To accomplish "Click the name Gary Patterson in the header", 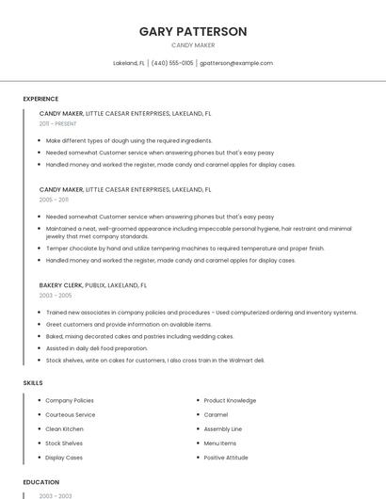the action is [x=193, y=31].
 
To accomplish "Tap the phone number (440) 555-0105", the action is [x=172, y=63].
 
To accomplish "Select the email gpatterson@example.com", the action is [x=236, y=63].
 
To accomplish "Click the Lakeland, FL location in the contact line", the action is [x=129, y=63].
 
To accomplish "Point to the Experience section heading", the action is [x=40, y=99].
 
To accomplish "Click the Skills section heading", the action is [x=33, y=383].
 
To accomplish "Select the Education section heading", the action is [x=40, y=482].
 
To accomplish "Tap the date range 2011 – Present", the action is [x=57, y=123].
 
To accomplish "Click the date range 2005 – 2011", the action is [x=54, y=200].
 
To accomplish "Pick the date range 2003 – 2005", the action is [x=54, y=296].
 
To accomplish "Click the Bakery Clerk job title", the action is [x=60, y=284].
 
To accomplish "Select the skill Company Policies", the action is [x=70, y=400].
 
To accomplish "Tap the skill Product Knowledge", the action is [x=230, y=400].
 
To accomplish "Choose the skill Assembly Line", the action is [x=222, y=428].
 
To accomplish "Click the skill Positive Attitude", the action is [x=226, y=458].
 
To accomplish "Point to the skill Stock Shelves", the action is [x=64, y=443].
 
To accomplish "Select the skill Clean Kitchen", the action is [x=64, y=428].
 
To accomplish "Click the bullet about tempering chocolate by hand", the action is [x=185, y=249].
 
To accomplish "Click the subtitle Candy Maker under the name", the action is [x=193, y=45].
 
